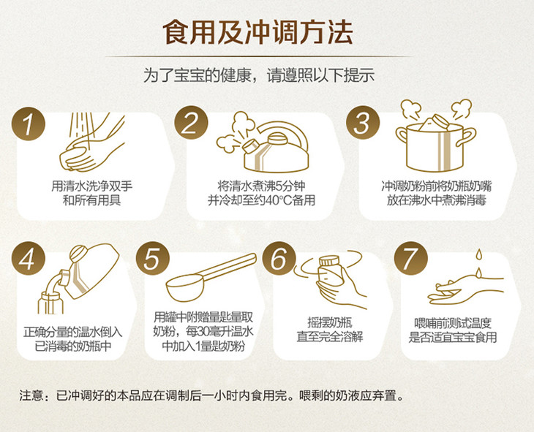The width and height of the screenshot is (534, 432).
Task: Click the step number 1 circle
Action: (29, 124)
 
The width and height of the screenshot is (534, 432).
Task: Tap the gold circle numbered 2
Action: (191, 123)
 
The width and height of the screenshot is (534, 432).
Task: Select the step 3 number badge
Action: (363, 122)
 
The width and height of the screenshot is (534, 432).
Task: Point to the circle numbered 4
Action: (29, 258)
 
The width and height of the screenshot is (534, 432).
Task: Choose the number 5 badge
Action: (153, 258)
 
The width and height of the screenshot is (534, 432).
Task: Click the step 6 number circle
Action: (279, 258)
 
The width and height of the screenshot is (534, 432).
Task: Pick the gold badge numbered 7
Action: (410, 258)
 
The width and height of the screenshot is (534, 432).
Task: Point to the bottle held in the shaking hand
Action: (328, 274)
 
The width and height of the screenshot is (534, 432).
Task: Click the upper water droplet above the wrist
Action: (479, 254)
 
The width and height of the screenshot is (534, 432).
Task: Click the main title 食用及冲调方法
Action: (257, 32)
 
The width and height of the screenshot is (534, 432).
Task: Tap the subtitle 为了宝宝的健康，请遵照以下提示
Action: (259, 75)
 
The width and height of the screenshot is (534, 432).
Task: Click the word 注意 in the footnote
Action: (31, 395)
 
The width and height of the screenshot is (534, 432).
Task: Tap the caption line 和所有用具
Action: (92, 200)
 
